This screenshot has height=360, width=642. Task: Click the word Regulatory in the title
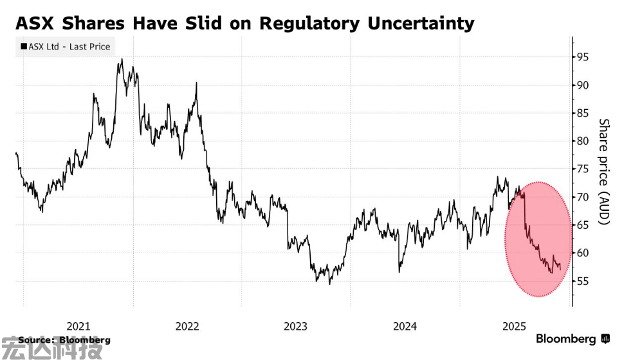(310, 24)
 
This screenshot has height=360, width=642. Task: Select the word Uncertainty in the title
(421, 24)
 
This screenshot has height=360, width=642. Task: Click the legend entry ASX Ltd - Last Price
(66, 46)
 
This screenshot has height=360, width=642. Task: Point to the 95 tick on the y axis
(583, 57)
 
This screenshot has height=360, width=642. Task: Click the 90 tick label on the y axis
(583, 85)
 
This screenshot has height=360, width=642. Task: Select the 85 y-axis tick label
(583, 113)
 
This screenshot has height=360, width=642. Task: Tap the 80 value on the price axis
(583, 141)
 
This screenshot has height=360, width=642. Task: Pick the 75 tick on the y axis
(583, 169)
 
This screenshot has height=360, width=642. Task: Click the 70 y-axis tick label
(583, 197)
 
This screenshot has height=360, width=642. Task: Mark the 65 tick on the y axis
(583, 225)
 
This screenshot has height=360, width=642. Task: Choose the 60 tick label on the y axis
(583, 253)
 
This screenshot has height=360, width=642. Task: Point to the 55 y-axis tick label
(583, 281)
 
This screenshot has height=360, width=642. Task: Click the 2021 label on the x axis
(78, 326)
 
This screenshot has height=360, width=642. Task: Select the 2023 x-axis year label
(296, 326)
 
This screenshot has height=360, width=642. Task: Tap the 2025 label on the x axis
(514, 326)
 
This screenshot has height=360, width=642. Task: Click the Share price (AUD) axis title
(603, 171)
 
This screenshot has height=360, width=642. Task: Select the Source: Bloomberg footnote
(64, 339)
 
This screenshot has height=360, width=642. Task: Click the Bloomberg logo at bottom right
(573, 339)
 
